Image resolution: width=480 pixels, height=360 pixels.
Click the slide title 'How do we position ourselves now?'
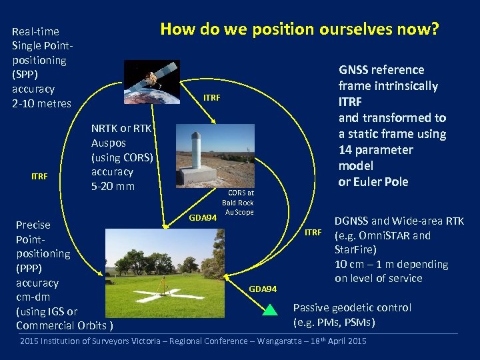299,29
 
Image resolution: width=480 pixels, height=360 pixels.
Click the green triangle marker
269,309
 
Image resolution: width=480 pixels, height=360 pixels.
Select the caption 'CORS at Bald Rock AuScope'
237,203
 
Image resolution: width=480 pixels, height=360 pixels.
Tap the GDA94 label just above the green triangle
262,289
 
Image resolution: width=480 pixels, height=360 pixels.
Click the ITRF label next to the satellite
211,98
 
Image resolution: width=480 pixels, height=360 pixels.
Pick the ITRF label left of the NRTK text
41,176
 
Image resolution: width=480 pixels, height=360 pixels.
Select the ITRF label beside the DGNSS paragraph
313,233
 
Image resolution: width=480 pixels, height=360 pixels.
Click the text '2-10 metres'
41,103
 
